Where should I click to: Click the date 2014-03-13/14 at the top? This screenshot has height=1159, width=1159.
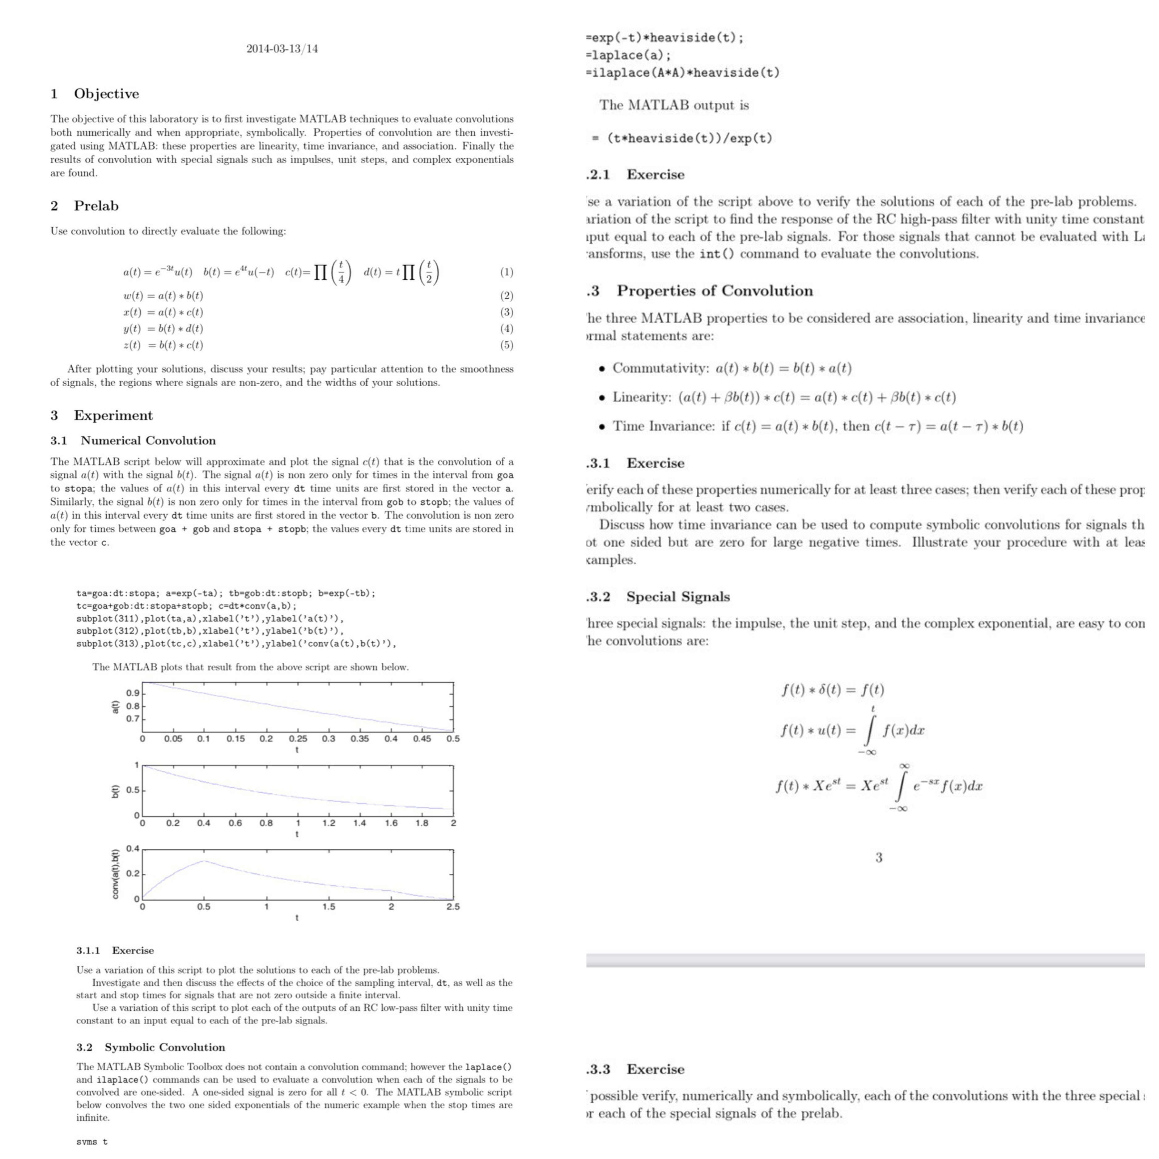pos(282,49)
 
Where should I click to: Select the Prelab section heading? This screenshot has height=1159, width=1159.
pos(96,206)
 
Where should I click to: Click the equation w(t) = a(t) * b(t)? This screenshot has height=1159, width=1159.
pos(163,296)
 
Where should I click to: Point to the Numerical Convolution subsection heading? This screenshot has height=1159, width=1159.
pos(147,440)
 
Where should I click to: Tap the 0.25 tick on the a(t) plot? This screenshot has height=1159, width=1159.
pos(298,738)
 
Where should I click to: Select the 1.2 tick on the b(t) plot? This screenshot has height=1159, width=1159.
pos(329,823)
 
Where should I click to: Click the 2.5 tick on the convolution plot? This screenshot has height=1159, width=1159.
pos(453,906)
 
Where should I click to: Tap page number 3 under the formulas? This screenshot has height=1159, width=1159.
pos(879,857)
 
